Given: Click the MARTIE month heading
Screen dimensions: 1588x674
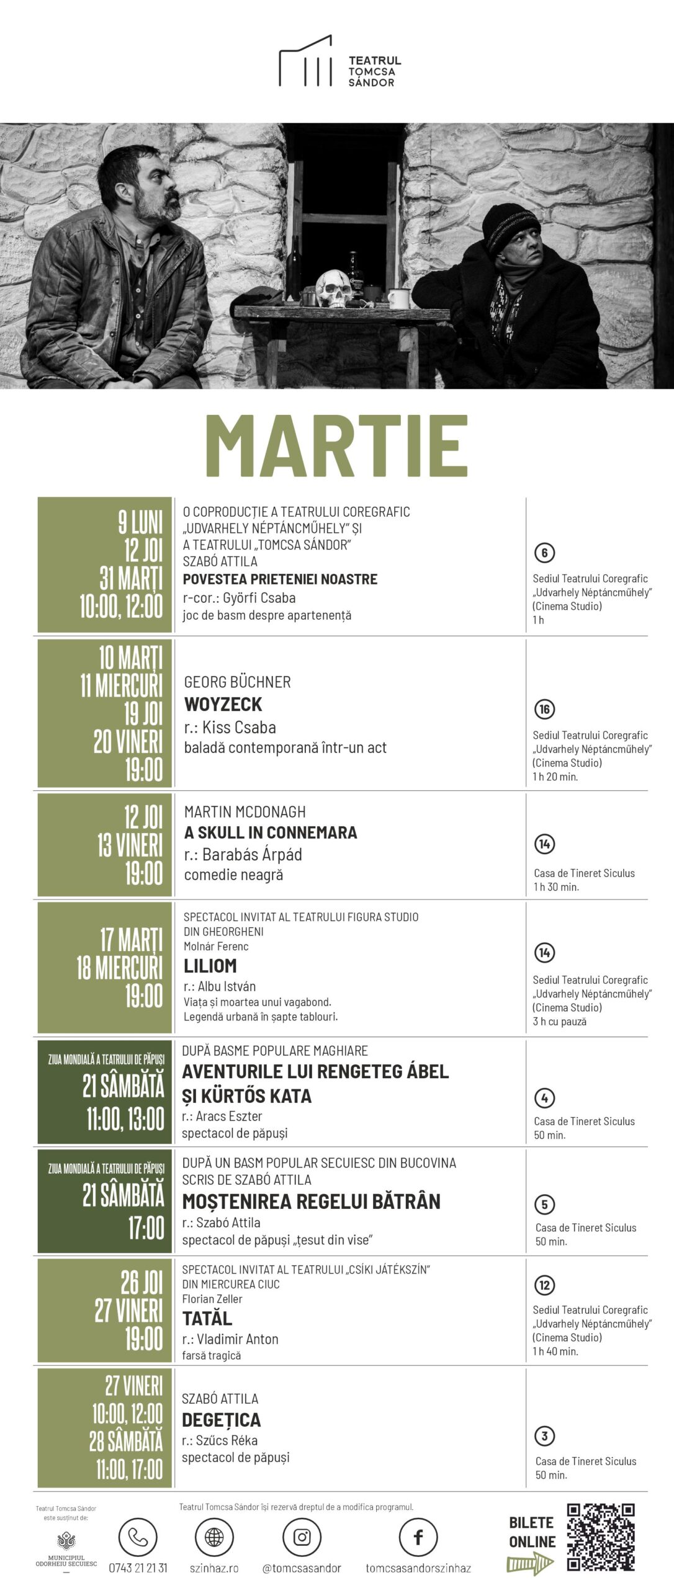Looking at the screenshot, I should point(336,445).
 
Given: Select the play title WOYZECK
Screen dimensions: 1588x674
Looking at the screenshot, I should point(223,704).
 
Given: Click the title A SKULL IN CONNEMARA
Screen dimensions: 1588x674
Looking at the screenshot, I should point(271,832).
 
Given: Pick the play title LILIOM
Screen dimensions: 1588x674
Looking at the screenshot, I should point(210,966).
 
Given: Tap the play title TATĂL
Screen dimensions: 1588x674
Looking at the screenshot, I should point(207,1318).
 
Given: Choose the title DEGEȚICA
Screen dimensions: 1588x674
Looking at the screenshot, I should point(221,1420).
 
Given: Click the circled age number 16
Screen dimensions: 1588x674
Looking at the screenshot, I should point(544,709).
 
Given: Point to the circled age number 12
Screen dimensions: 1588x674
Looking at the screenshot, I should point(544,1285).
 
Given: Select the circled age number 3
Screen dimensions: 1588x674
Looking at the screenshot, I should point(544,1435).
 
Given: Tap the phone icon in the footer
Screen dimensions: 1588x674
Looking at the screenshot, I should point(138,1537).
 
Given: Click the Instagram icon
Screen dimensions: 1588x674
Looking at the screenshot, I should point(302,1537).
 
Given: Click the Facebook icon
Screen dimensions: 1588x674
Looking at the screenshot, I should point(418,1537).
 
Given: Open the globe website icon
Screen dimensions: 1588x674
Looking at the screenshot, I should point(214,1537).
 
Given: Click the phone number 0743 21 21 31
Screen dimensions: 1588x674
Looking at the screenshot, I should point(138,1568).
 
